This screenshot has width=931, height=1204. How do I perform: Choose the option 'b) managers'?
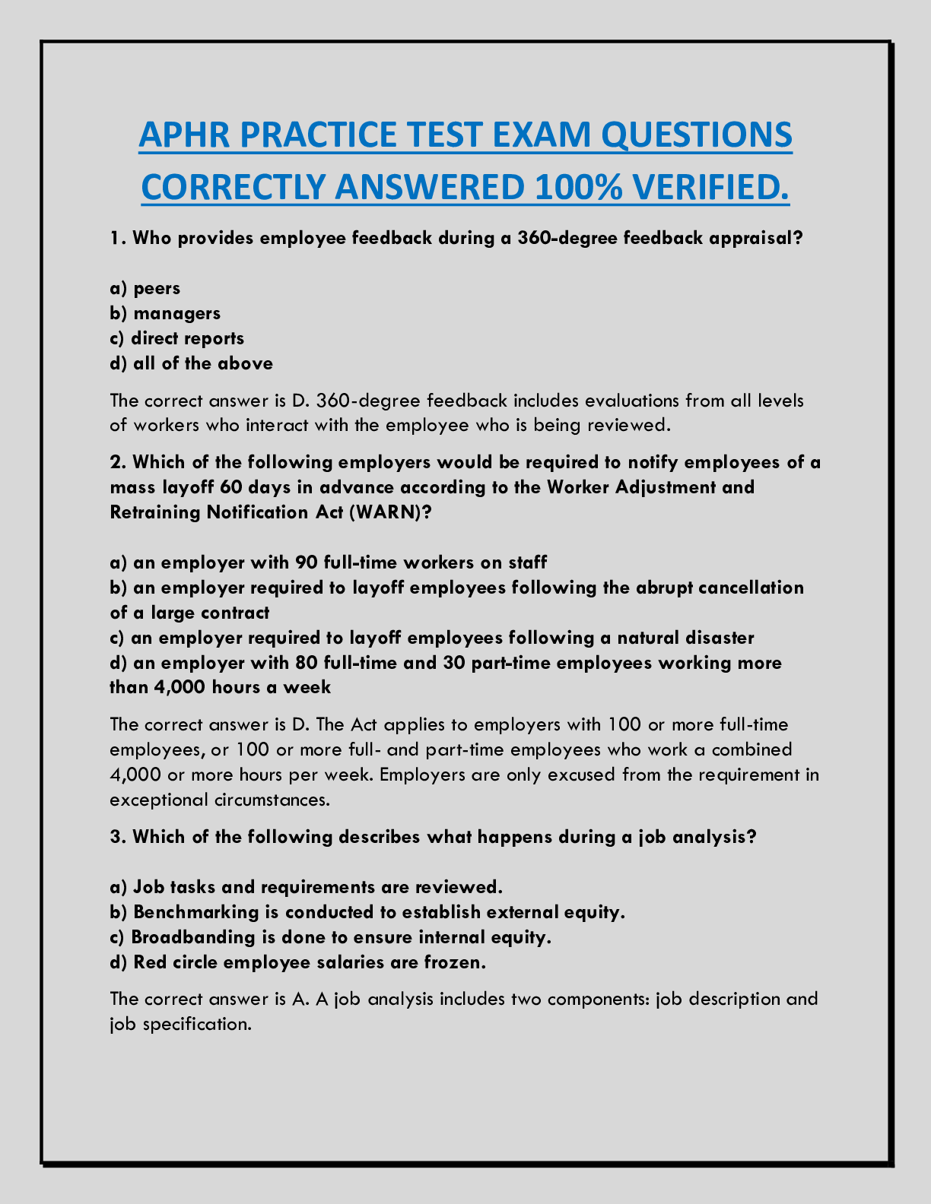coord(165,313)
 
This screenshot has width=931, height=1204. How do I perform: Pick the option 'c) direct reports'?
coord(177,338)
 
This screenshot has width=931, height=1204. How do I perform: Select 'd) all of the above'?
coord(191,363)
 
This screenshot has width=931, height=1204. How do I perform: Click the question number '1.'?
coord(118,238)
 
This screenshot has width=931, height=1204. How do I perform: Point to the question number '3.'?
coord(118,837)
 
